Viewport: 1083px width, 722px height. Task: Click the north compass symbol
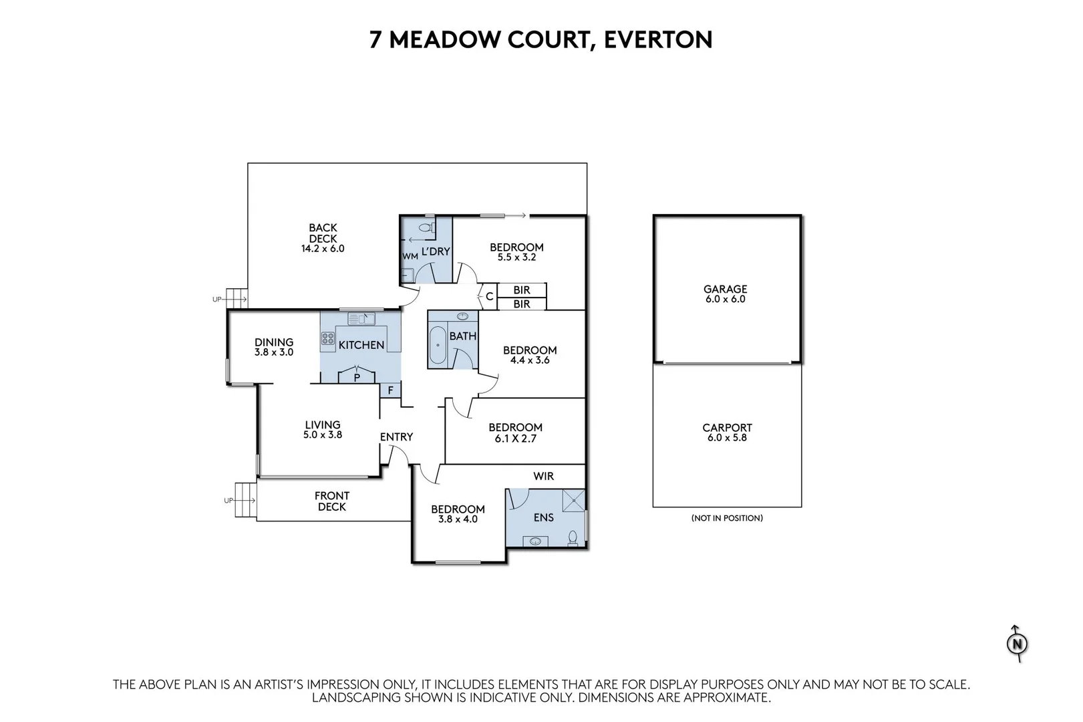point(1017,644)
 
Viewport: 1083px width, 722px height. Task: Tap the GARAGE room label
point(725,289)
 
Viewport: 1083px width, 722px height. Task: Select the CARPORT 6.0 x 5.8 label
point(727,433)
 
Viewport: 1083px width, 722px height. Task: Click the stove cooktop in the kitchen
point(328,338)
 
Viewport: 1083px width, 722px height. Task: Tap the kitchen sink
point(361,319)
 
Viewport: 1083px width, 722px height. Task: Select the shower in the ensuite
point(573,500)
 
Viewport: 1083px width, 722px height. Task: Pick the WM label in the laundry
point(410,257)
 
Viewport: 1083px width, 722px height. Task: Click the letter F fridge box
point(390,390)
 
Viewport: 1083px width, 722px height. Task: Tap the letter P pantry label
point(357,378)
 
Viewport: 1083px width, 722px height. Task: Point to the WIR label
point(543,476)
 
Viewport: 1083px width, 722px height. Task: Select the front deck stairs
point(245,499)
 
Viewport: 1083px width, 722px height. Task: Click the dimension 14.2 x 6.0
point(323,249)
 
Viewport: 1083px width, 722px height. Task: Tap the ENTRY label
point(396,437)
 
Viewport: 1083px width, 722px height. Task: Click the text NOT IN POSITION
point(727,518)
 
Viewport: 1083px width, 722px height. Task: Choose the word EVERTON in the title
point(658,39)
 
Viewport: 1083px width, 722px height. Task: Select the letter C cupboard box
point(489,296)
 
